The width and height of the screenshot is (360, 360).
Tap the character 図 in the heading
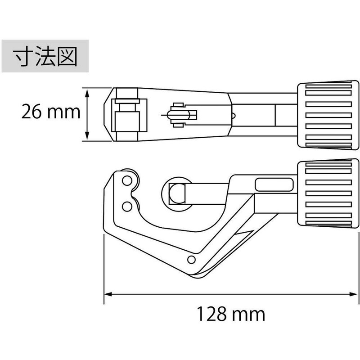[67, 57]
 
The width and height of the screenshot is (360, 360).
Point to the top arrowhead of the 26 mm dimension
[88, 91]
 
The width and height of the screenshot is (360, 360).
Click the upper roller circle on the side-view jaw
[127, 182]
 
